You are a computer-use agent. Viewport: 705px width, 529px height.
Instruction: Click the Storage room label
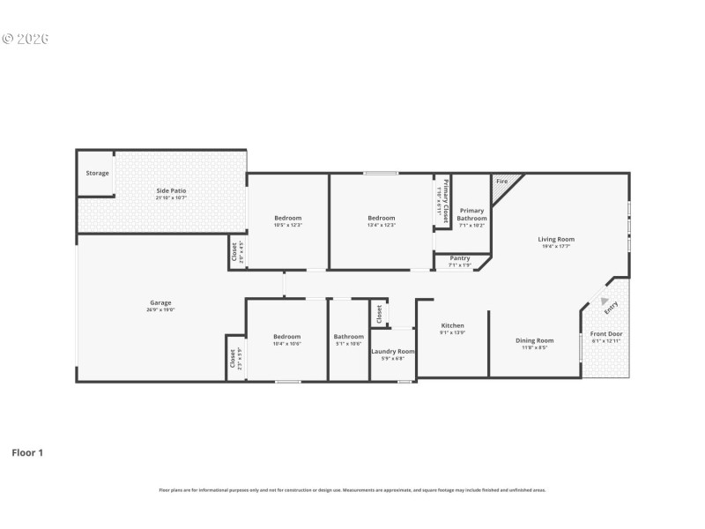click(97, 173)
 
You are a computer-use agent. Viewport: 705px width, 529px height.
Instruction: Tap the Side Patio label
click(171, 190)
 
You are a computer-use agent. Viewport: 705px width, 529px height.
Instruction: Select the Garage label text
click(160, 302)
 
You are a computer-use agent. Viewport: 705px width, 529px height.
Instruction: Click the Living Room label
click(556, 239)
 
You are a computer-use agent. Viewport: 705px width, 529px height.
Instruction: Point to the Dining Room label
click(534, 340)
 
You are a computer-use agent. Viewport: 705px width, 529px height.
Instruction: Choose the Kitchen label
click(452, 325)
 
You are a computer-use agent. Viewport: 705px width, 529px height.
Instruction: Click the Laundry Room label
click(393, 351)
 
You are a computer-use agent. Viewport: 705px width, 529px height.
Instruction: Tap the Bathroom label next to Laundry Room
click(348, 337)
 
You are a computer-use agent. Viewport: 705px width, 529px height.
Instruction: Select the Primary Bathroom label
click(471, 214)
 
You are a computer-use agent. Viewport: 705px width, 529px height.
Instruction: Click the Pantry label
click(459, 258)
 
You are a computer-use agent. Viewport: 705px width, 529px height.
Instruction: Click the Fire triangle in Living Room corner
click(501, 182)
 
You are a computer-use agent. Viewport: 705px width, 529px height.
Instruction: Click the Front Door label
click(605, 334)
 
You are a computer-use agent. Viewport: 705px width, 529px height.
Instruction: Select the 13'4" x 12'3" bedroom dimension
click(382, 225)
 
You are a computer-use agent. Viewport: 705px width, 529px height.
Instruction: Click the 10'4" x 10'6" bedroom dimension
click(286, 344)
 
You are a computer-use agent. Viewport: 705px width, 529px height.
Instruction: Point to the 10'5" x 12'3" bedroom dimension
click(287, 225)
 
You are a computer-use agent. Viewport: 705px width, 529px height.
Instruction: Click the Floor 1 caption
click(27, 452)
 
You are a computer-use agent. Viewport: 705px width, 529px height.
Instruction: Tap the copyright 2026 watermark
click(26, 39)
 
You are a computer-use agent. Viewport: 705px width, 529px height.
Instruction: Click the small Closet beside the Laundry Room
click(379, 313)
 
